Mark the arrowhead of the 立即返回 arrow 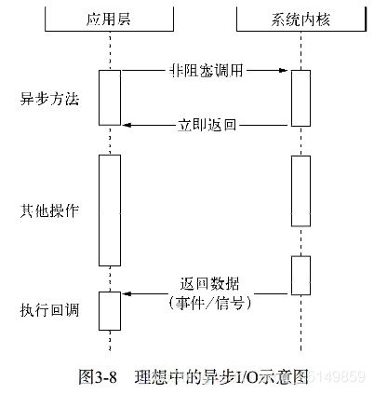click(x=127, y=124)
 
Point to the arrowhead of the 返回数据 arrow click(x=127, y=293)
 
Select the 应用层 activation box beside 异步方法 click(x=110, y=98)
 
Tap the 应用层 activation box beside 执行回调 click(x=110, y=310)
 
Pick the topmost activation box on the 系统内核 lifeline click(x=300, y=98)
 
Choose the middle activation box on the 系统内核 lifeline click(x=300, y=190)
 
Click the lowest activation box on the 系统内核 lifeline click(x=300, y=275)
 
